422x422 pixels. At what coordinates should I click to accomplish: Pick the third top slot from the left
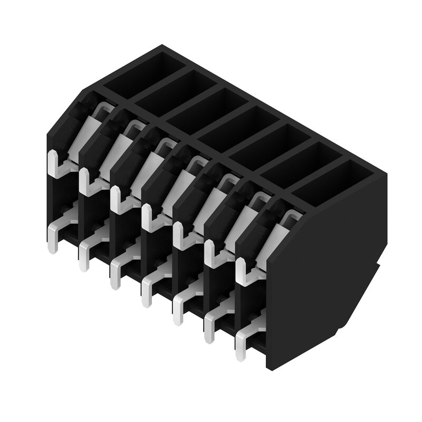206,109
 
